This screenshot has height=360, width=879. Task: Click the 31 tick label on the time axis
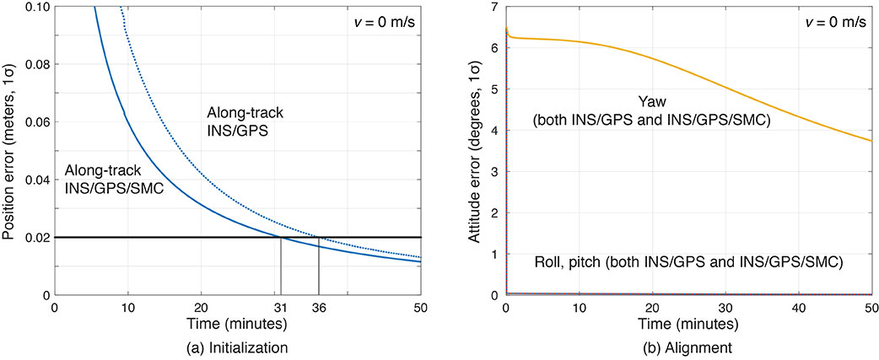(281, 308)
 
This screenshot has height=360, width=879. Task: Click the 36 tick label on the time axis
(318, 308)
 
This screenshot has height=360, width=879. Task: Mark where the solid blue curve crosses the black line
(281, 238)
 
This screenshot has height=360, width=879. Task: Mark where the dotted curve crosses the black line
(318, 238)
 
